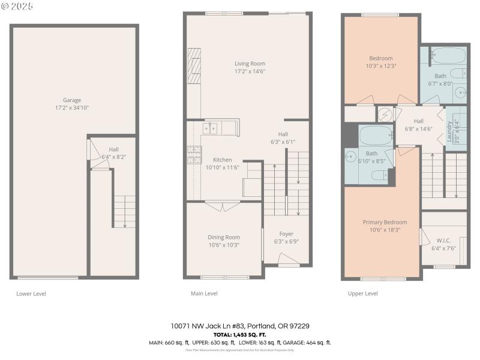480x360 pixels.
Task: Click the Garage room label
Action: (x=72, y=100)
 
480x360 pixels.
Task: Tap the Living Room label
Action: (x=250, y=64)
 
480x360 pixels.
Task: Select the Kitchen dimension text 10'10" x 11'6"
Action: (x=223, y=167)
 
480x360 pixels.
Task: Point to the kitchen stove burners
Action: (x=194, y=155)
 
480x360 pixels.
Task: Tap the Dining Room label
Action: (x=224, y=237)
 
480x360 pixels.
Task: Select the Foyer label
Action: (x=286, y=234)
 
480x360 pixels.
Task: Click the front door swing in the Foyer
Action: (x=288, y=259)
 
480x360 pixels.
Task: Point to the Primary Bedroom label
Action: (x=385, y=222)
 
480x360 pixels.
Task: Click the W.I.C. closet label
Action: (x=443, y=240)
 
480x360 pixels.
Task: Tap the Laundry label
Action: (x=449, y=131)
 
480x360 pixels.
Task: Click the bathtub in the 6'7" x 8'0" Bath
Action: (x=448, y=56)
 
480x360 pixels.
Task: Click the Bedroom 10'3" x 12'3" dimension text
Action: (x=381, y=66)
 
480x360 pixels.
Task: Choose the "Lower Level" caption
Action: (x=31, y=293)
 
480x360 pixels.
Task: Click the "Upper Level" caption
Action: (x=363, y=293)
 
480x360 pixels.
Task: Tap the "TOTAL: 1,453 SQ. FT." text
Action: (x=240, y=334)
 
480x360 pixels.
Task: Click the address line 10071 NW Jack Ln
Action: (x=240, y=326)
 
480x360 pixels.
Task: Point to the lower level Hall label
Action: (x=113, y=149)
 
